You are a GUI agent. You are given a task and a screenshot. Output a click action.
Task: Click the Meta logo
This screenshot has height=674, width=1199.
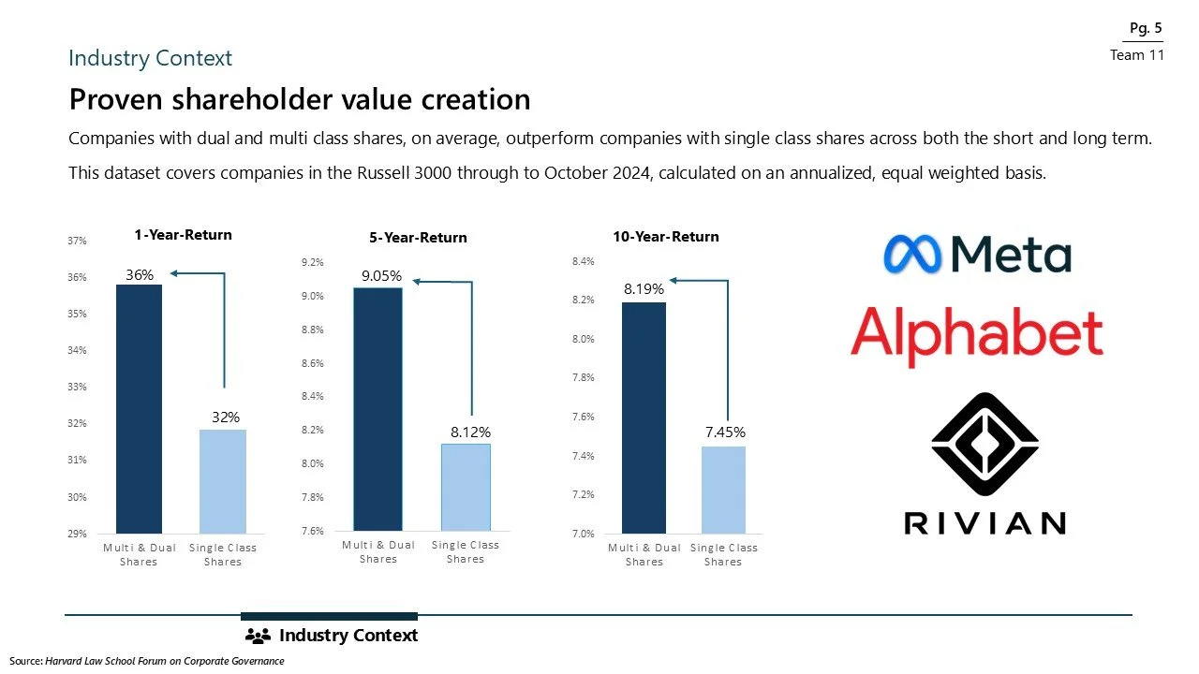976,255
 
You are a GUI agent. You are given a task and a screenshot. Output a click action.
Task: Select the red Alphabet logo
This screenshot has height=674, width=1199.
976,335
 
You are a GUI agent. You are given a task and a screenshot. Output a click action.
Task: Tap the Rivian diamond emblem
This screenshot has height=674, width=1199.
984,446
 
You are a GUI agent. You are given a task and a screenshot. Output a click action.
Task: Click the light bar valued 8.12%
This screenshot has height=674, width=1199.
466,487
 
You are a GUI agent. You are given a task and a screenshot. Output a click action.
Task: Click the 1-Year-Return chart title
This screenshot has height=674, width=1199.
182,235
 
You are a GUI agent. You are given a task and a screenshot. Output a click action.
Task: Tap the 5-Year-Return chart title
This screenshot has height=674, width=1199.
418,238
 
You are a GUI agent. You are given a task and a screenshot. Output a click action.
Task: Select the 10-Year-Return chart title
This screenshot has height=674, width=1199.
666,237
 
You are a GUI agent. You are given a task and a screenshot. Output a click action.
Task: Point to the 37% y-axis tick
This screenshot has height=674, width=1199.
77,241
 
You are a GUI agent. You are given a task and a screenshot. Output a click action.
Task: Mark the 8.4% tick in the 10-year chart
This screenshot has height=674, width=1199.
582,262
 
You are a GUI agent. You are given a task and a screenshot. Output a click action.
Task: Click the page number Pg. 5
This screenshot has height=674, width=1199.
1145,28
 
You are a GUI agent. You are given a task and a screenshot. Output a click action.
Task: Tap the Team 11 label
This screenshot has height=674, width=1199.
1136,55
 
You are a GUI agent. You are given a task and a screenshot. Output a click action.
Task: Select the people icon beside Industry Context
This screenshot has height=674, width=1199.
257,637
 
